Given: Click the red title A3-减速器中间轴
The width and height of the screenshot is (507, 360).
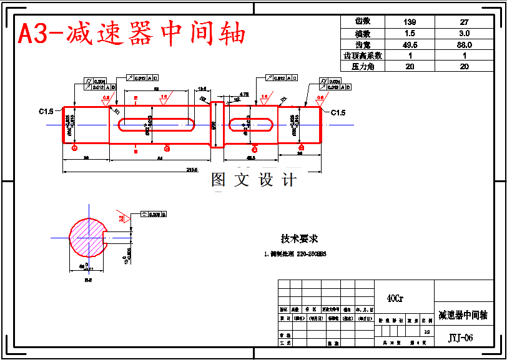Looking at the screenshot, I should [x=132, y=34].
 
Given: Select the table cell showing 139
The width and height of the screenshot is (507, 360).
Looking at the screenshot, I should [x=410, y=22].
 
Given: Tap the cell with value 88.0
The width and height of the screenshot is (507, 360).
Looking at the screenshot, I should [x=465, y=44].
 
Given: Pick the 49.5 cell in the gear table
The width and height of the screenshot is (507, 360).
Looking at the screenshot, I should [x=410, y=44].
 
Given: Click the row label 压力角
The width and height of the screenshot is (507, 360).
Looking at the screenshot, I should [x=363, y=66].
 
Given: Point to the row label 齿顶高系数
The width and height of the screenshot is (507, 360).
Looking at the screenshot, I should [x=363, y=56].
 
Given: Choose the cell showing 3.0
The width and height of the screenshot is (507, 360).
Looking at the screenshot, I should [x=465, y=33].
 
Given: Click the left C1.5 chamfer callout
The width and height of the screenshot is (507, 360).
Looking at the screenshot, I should [x=46, y=112].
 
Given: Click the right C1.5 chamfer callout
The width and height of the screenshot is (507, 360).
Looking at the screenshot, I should [x=338, y=112].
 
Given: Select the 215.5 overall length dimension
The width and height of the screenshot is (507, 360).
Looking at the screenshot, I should [x=192, y=170].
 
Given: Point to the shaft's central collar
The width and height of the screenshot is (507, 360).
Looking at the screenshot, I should [x=217, y=124].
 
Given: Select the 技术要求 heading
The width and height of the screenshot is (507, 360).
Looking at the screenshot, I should [x=299, y=238].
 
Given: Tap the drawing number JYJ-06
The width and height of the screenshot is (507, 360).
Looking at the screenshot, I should [x=461, y=338].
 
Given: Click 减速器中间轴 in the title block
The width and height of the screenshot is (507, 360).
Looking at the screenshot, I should [x=463, y=314].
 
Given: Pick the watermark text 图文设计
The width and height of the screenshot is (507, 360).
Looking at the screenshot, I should [x=253, y=180].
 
